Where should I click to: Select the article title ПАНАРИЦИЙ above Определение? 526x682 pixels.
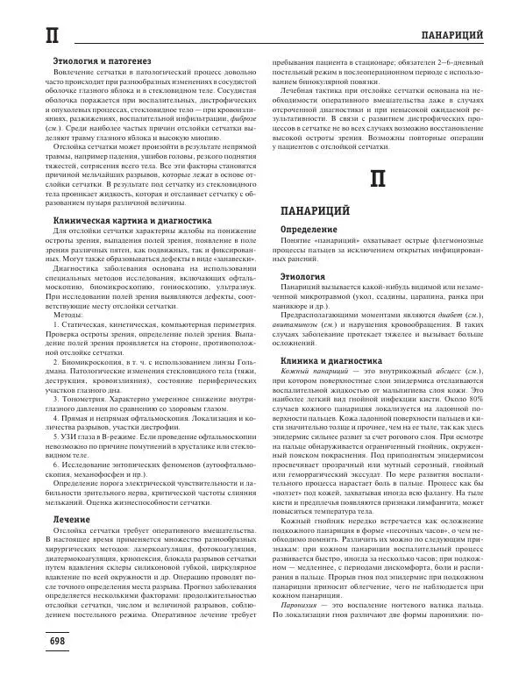click(x=316, y=210)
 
